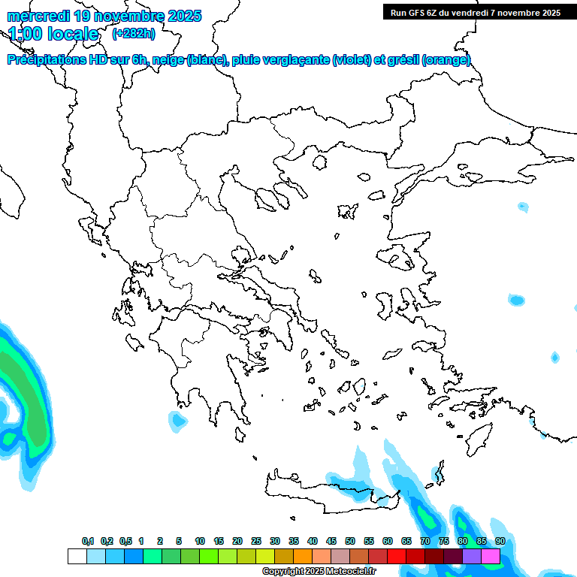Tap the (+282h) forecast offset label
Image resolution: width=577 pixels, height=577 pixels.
pos(134,33)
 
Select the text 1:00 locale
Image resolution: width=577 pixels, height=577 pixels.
pos(54,34)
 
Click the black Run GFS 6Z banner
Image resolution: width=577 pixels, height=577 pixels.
pos(475,12)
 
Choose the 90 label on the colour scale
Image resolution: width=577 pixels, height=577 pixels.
pos(500,541)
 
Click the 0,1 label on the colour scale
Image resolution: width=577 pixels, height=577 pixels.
pos(88,541)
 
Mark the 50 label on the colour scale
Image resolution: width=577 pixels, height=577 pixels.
pos(350,541)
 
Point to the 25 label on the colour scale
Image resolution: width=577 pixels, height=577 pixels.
pos(256,541)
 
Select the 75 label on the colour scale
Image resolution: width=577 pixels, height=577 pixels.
pos(444,541)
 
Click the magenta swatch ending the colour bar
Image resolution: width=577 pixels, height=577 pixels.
pos(491,556)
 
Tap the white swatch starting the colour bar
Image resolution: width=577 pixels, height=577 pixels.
pos(77,556)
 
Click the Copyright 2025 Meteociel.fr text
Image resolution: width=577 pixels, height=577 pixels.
pos(319,571)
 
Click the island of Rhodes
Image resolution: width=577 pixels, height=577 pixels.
pos(478,438)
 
